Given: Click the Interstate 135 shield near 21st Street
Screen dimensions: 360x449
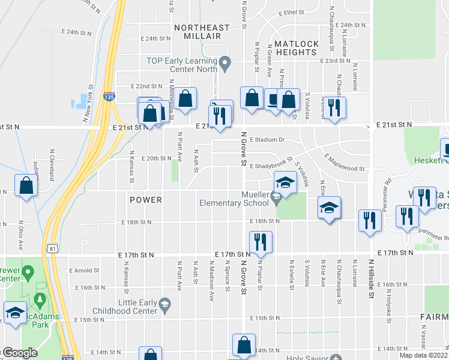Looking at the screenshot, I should point(109,96).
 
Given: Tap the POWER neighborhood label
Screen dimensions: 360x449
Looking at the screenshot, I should point(145,199).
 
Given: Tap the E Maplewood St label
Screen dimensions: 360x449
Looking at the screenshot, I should point(344,163).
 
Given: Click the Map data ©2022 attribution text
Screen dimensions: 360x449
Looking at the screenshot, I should point(424,355).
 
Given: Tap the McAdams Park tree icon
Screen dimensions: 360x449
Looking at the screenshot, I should point(40,298).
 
